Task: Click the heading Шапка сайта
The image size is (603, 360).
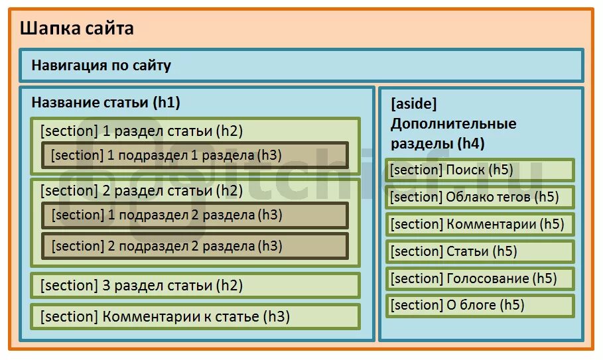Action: pyautogui.click(x=76, y=29)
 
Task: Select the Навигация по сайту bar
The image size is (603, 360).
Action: pyautogui.click(x=301, y=66)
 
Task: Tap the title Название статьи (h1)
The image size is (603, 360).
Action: pyautogui.click(x=105, y=103)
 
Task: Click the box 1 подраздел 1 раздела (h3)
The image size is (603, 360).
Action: pyautogui.click(x=195, y=155)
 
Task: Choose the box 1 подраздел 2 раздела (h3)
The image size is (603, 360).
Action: pyautogui.click(x=195, y=215)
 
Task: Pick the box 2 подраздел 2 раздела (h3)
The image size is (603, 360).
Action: pyautogui.click(x=195, y=246)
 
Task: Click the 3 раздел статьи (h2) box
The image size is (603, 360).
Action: pyautogui.click(x=195, y=286)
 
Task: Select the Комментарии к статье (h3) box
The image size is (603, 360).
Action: pyautogui.click(x=195, y=316)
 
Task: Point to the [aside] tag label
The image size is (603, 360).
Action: pyautogui.click(x=414, y=104)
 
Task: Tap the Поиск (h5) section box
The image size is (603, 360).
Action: pyautogui.click(x=480, y=170)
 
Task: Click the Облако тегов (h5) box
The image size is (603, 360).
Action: pyautogui.click(x=480, y=197)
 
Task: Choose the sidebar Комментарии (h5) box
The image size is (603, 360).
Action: pyautogui.click(x=480, y=224)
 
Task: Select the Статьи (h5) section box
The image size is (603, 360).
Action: pyautogui.click(x=480, y=251)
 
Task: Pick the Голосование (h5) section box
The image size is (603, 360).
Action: pyautogui.click(x=480, y=278)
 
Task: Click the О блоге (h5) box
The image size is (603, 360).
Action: pyautogui.click(x=480, y=305)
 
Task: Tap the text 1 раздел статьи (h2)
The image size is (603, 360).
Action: pyautogui.click(x=142, y=131)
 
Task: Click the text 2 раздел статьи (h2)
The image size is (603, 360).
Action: pyautogui.click(x=142, y=191)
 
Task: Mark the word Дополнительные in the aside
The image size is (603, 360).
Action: pyautogui.click(x=453, y=123)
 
